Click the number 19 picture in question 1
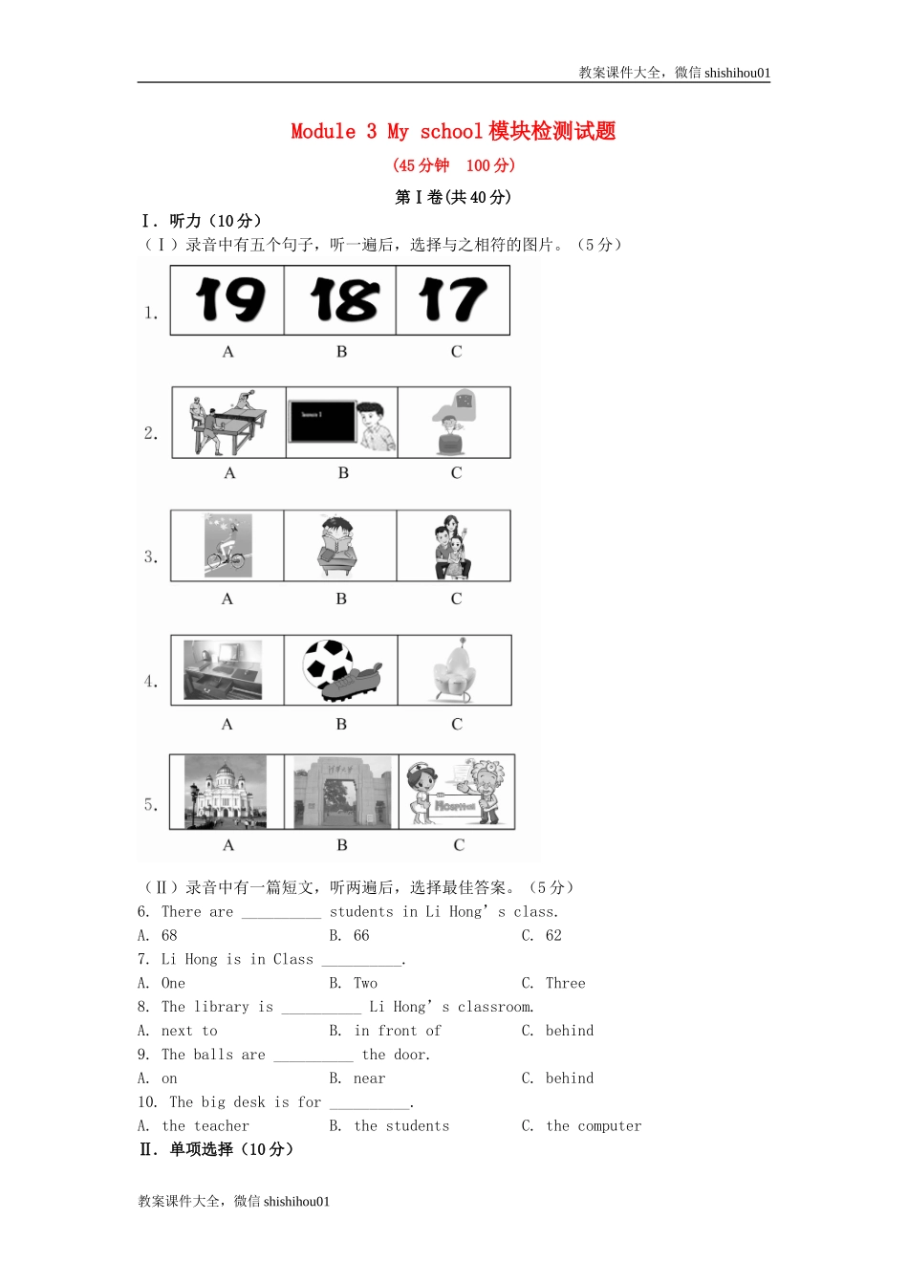(228, 300)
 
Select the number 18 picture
(342, 300)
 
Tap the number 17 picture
(453, 300)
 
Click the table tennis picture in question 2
(228, 422)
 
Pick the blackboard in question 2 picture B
(321, 421)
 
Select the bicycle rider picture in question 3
(228, 545)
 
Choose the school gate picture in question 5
(342, 792)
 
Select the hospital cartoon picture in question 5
(457, 792)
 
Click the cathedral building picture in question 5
(226, 792)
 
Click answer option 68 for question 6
(169, 935)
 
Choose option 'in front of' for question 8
(397, 1031)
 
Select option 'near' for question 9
(369, 1078)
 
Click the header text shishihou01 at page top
(737, 73)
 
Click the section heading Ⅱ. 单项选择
(217, 1149)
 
